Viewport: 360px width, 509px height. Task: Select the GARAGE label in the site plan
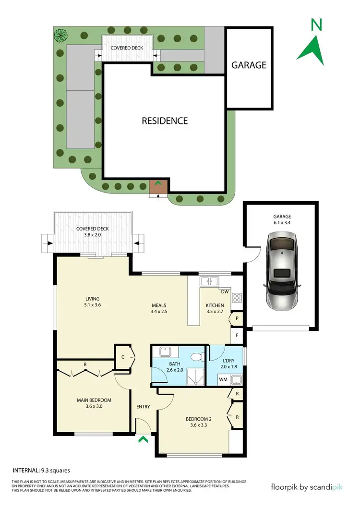click(249, 65)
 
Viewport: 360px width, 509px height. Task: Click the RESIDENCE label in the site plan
click(165, 121)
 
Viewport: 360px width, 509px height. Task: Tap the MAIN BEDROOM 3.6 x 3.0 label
click(94, 403)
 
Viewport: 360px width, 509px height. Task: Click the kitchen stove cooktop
click(237, 298)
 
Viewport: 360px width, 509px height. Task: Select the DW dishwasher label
click(224, 291)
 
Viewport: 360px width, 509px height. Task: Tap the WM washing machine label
click(223, 380)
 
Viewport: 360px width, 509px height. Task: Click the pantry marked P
click(237, 318)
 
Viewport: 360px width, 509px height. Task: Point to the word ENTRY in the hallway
click(143, 407)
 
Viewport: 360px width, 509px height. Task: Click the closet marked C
click(123, 357)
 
